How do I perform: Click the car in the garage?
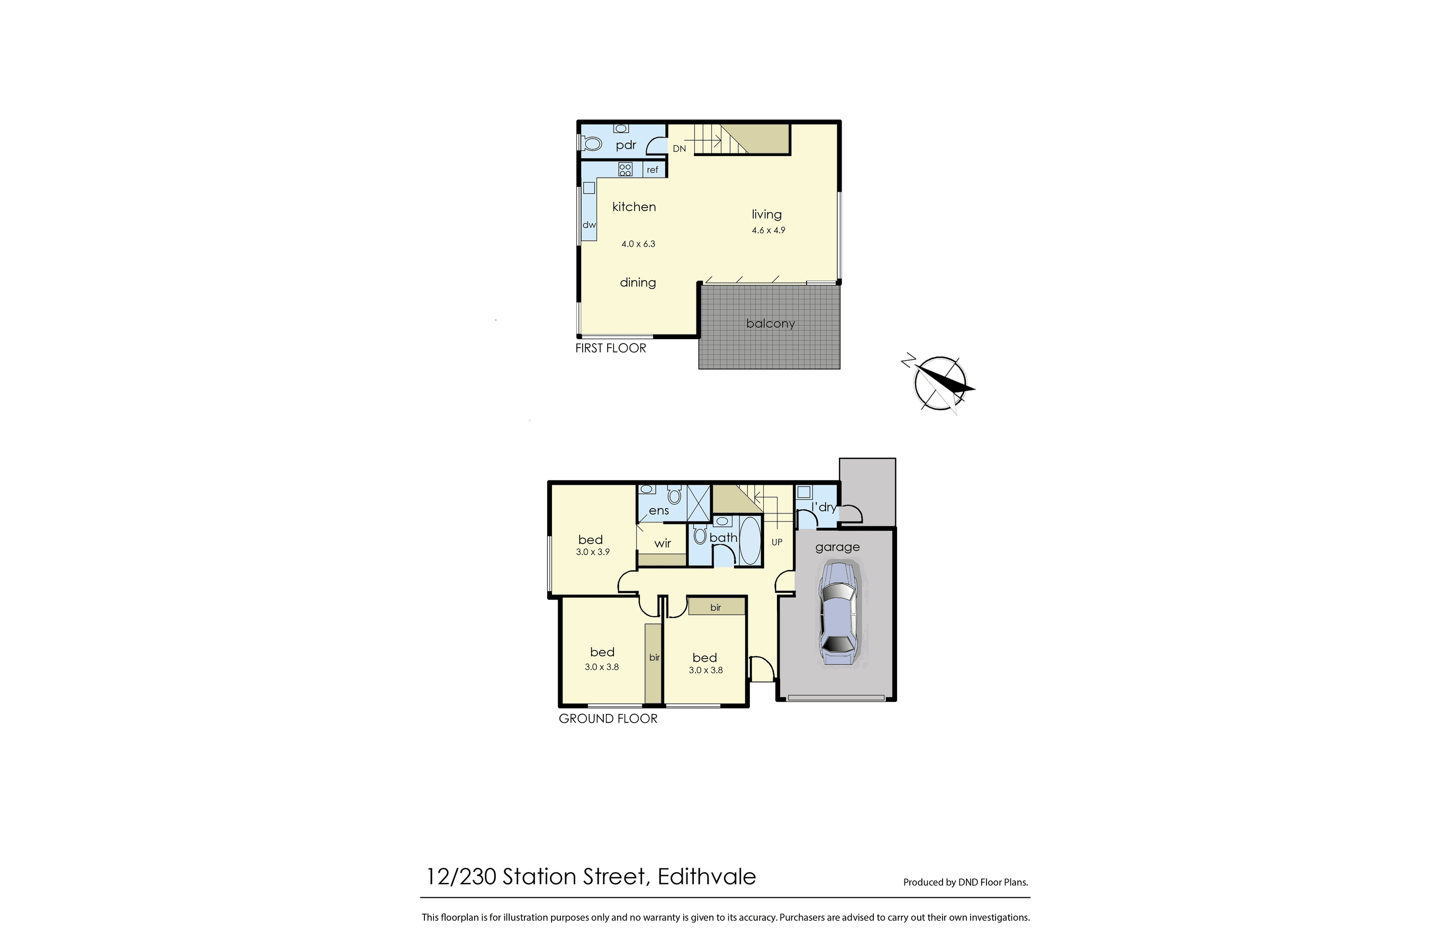click(x=838, y=614)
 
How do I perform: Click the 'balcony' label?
click(x=770, y=324)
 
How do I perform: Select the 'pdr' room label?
click(x=626, y=146)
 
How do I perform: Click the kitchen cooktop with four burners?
click(x=625, y=169)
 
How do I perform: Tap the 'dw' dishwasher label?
click(x=589, y=225)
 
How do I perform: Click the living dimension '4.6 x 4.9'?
click(x=768, y=231)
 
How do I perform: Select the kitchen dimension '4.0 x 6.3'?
click(x=638, y=244)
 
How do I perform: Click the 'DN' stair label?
click(x=679, y=148)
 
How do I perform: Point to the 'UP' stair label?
click(x=777, y=542)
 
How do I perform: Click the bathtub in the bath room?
click(x=750, y=540)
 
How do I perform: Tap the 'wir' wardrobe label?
click(x=663, y=544)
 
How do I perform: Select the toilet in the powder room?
click(x=590, y=144)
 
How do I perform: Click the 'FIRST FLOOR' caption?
click(x=611, y=348)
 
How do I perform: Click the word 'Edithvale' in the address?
click(x=707, y=876)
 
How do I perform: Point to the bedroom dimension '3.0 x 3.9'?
click(x=593, y=553)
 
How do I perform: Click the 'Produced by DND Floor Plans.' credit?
click(x=965, y=882)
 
